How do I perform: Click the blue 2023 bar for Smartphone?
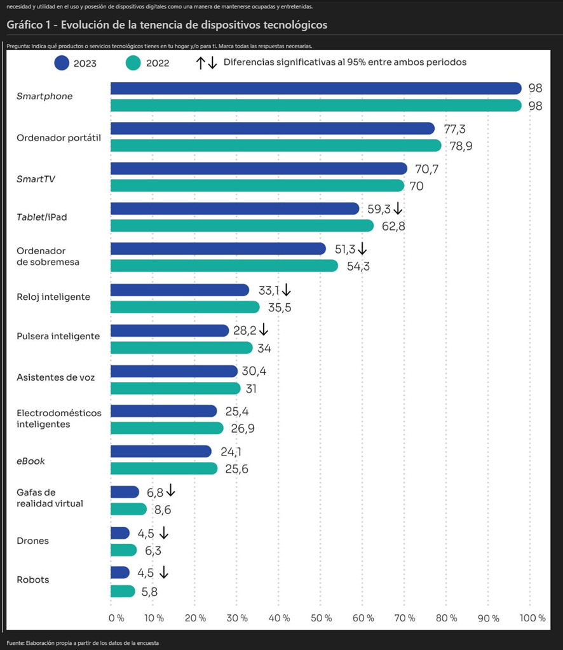coord(316,88)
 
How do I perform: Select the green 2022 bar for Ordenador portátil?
coord(276,146)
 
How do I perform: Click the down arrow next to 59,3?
coord(398,208)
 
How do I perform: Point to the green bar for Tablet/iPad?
coord(242,226)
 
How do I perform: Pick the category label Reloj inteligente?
coord(53,297)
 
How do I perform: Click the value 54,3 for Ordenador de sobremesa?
coord(358,266)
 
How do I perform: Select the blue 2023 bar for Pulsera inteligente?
coord(170,330)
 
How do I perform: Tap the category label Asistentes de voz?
coord(56,377)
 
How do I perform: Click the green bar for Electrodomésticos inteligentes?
coord(167,428)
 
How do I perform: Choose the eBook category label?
coord(31,461)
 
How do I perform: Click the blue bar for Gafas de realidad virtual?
coord(125,492)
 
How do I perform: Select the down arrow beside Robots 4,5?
coord(164,572)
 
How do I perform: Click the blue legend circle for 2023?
coord(62,63)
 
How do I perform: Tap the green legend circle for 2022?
coord(133,63)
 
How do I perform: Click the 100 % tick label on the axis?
coord(532,618)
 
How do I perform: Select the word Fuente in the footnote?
coord(16,643)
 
